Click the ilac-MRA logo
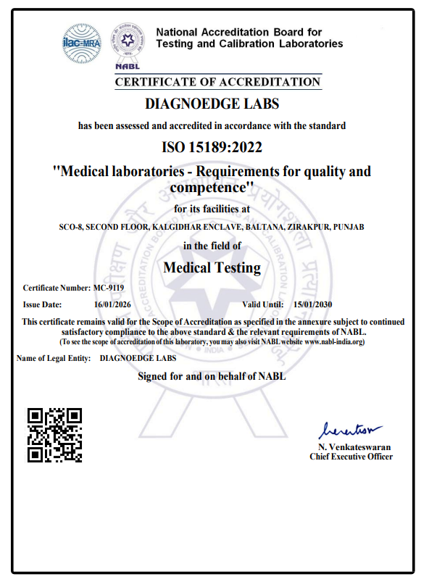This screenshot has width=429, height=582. coord(81,43)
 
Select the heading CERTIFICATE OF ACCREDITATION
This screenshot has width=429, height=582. coord(217,82)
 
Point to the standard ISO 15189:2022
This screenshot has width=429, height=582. coord(212,147)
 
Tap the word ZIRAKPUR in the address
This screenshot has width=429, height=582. coord(309,227)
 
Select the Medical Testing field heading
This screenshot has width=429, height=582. coord(212,267)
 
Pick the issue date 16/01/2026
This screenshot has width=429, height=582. coord(112,304)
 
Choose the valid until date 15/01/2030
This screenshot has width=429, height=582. coord(313,304)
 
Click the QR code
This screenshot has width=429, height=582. coord(54,435)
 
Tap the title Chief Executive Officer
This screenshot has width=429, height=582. coord(351,457)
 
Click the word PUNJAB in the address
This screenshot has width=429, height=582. coord(350,227)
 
